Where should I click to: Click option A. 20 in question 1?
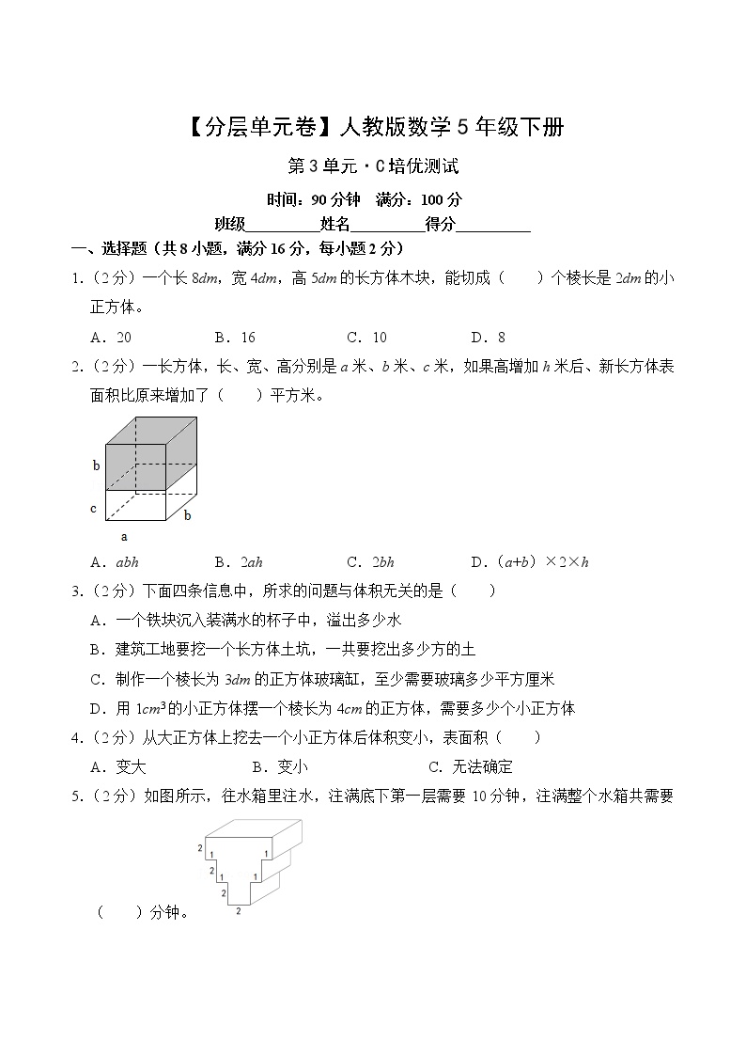[111, 338]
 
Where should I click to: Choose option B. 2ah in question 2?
[238, 562]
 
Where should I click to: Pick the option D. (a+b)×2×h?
[530, 562]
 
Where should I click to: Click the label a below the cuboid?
[124, 537]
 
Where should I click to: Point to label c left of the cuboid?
[94, 508]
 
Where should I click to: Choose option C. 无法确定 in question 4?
[470, 766]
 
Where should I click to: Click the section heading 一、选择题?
[113, 248]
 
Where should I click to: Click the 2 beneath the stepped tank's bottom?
[238, 911]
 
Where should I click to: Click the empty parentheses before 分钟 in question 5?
[119, 912]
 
